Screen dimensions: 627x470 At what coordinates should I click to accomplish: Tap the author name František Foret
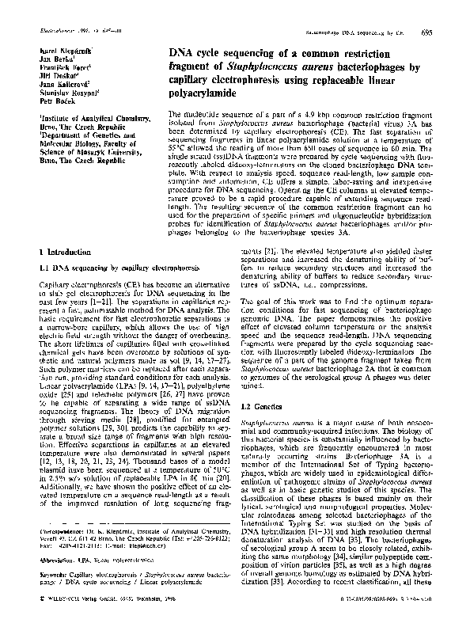(63, 70)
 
